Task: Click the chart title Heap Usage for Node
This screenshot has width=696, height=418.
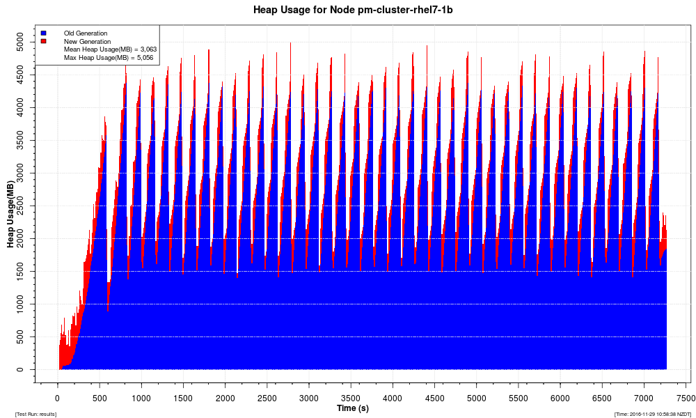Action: (x=348, y=10)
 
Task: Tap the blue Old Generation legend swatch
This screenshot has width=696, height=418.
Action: (x=43, y=33)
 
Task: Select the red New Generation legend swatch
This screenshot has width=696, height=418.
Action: (x=43, y=41)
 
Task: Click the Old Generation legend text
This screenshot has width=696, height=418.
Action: (x=86, y=33)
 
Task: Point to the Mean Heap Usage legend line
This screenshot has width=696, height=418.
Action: (x=110, y=49)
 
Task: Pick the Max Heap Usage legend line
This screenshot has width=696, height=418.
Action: (x=110, y=58)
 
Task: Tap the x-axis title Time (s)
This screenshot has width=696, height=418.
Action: (x=352, y=408)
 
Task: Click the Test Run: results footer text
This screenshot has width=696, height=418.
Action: (x=35, y=415)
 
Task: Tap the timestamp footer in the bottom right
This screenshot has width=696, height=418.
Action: (x=653, y=415)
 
